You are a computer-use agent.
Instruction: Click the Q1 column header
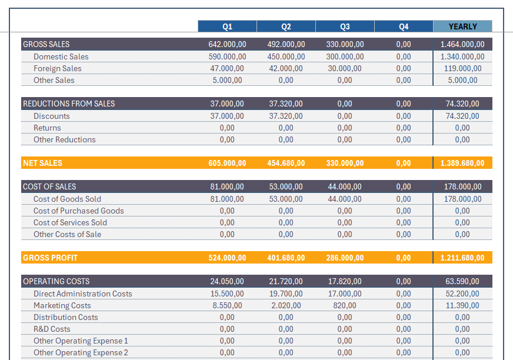[x=227, y=26]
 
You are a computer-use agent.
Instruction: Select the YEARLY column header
[x=462, y=26]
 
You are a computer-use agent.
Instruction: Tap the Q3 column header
[x=345, y=26]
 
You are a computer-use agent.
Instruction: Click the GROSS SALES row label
[x=46, y=44]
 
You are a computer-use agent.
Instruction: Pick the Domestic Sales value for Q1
[x=227, y=56]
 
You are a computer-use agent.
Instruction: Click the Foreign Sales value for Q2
[x=286, y=68]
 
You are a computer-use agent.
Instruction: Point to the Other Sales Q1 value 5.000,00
[x=227, y=80]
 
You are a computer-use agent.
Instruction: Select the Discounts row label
[x=51, y=116]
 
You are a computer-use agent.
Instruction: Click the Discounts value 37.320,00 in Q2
[x=286, y=116]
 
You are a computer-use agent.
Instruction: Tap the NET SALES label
[x=42, y=163]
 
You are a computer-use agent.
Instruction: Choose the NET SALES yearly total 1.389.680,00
[x=462, y=163]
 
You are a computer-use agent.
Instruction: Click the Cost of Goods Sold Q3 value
[x=345, y=199]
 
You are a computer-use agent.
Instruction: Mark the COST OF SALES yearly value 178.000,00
[x=462, y=186]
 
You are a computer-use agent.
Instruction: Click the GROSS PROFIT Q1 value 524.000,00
[x=227, y=258]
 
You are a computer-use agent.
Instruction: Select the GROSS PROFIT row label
[x=50, y=258]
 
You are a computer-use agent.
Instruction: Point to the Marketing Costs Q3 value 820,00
[x=345, y=305]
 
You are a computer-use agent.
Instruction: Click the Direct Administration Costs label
[x=82, y=294]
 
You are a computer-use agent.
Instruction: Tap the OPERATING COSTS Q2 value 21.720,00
[x=286, y=281]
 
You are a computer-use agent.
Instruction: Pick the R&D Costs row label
[x=52, y=329]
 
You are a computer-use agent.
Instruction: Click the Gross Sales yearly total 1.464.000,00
[x=462, y=44]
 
